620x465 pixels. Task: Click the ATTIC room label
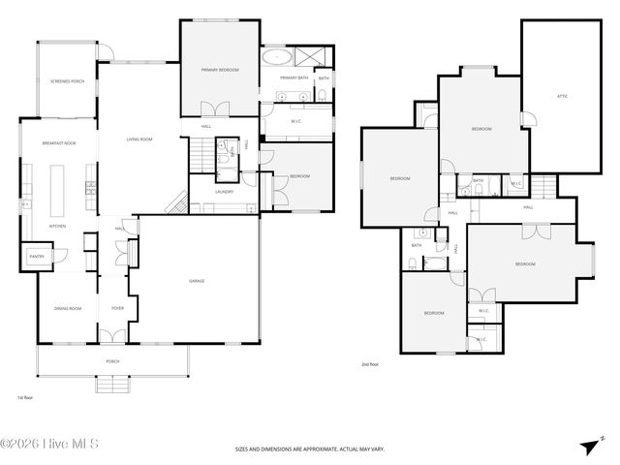pos(562,96)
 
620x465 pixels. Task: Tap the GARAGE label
pos(196,281)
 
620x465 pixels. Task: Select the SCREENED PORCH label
pos(67,81)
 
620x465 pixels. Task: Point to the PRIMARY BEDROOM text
pos(219,70)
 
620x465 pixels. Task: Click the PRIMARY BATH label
pos(294,77)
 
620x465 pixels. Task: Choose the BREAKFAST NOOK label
pos(59,142)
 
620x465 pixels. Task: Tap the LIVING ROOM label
pos(139,139)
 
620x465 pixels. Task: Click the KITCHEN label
pos(58,226)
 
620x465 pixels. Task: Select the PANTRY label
pos(38,257)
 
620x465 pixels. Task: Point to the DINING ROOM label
pos(67,308)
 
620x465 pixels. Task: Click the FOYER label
pos(117,308)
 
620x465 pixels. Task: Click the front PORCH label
pos(112,361)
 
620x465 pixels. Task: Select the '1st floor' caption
pos(25,397)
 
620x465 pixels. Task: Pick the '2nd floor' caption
pos(370,364)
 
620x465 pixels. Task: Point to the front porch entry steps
pos(112,383)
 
